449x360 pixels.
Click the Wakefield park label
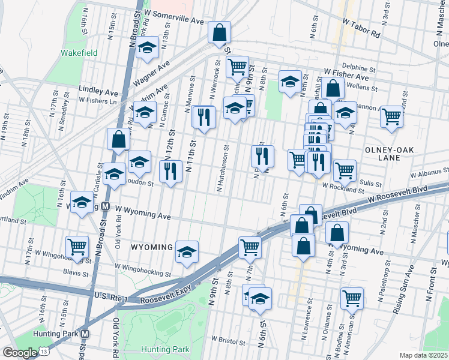pyautogui.click(x=79, y=52)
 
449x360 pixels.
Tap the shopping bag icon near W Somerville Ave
pyautogui.click(x=220, y=32)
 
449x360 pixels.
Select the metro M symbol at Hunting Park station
pyautogui.click(x=85, y=334)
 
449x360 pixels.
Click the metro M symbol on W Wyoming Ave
pyautogui.click(x=105, y=206)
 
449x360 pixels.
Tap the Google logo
pyautogui.click(x=20, y=352)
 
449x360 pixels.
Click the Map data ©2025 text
pyautogui.click(x=423, y=355)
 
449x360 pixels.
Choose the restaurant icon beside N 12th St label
pyautogui.click(x=171, y=172)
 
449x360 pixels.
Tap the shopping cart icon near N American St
pyautogui.click(x=352, y=298)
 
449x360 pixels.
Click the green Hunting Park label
pyautogui.click(x=165, y=349)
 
